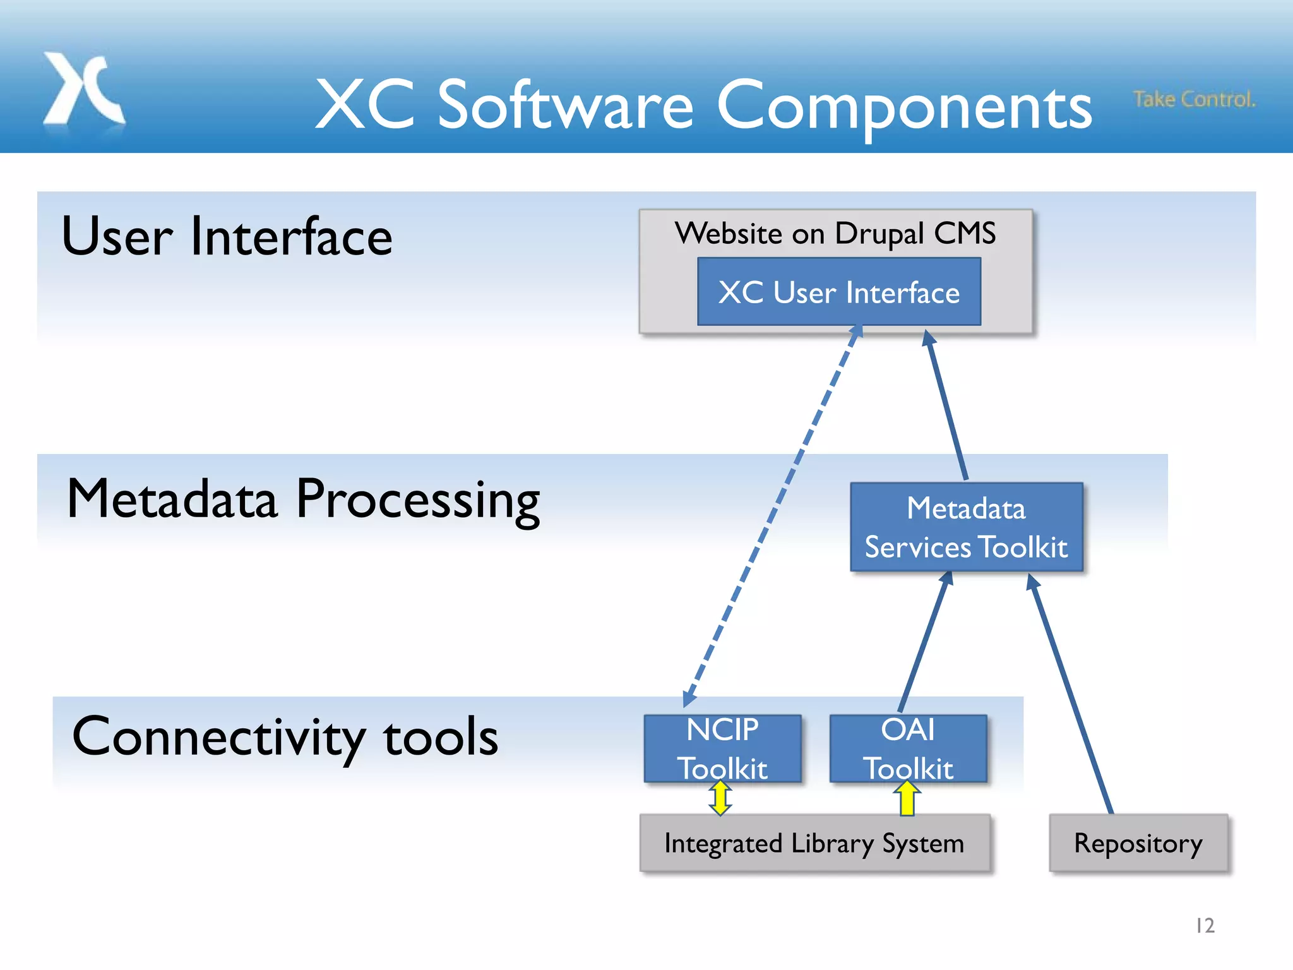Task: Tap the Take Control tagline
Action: (1194, 99)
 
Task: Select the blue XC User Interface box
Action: (838, 292)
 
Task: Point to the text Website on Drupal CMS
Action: (835, 234)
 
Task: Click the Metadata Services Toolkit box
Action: (966, 527)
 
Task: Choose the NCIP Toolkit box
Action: (722, 748)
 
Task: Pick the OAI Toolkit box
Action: (908, 748)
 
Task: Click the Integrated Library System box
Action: (814, 844)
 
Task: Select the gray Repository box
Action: (1138, 844)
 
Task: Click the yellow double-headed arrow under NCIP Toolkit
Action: (720, 798)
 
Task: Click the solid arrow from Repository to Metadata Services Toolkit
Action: (1071, 695)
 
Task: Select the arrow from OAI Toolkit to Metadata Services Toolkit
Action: (924, 641)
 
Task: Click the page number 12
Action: (1205, 926)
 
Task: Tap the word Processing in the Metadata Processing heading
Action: (418, 500)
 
